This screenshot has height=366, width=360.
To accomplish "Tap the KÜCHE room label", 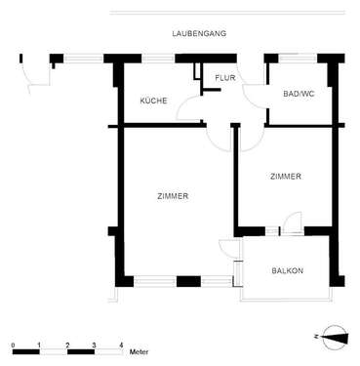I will point(153,101).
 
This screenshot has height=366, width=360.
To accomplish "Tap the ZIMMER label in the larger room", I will point(172,196).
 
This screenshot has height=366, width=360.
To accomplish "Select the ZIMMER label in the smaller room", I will point(285,176).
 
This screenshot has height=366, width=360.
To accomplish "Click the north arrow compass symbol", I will point(334,337).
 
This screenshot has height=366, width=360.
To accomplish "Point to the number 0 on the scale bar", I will point(14,346).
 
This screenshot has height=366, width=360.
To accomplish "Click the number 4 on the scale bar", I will point(120,346).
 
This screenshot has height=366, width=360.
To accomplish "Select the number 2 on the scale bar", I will point(67,346).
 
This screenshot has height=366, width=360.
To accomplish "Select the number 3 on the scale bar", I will point(94,346).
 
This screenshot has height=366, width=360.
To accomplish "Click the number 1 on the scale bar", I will point(40,346).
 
